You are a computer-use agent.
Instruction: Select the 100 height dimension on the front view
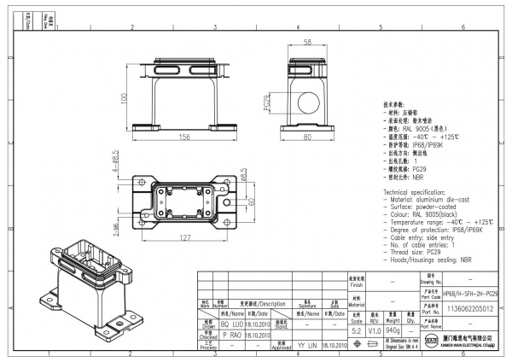(124, 99)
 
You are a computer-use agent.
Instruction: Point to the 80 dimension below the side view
(305, 136)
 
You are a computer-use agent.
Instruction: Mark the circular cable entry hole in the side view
(305, 104)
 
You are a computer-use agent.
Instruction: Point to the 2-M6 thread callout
(114, 224)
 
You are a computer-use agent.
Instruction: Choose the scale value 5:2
(356, 330)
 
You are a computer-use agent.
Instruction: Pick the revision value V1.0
(375, 330)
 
